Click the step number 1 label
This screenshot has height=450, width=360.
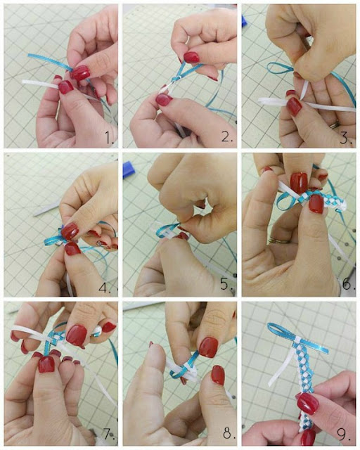pos(110,138)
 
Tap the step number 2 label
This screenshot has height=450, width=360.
pos(227,137)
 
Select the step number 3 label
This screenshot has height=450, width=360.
pos(346,139)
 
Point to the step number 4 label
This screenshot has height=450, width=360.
pos(105,288)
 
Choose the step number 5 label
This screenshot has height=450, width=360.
pos(227,284)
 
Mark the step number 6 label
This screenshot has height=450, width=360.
pos(347,284)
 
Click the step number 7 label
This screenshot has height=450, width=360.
pos(108,433)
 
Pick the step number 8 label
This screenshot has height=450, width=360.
pos(229,433)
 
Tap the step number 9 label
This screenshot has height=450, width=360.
pos(345,435)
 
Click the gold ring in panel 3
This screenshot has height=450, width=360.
pos(334,125)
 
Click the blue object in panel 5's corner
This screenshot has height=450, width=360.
pos(129,169)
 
